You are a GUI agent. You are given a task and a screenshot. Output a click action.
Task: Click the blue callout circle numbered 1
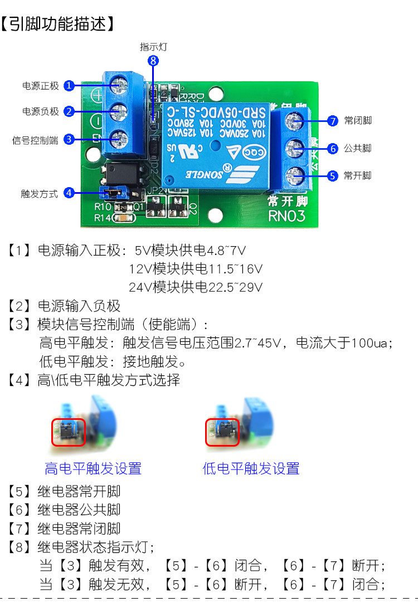click(x=69, y=86)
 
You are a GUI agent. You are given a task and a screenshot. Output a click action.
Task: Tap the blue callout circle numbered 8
click(x=153, y=61)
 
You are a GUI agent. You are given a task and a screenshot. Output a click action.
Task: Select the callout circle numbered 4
click(x=69, y=193)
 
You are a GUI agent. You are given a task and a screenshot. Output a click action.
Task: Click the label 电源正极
click(x=40, y=86)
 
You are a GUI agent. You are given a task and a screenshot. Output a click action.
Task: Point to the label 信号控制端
click(x=35, y=140)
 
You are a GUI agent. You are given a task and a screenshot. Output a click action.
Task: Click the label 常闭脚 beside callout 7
click(x=358, y=121)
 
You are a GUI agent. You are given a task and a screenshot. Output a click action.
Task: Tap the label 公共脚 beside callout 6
click(x=358, y=148)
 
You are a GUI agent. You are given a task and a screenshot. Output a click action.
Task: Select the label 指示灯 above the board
click(x=153, y=47)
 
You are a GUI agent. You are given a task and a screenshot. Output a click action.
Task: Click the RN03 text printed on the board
click(x=287, y=216)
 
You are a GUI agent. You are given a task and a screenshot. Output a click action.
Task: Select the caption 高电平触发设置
click(x=93, y=468)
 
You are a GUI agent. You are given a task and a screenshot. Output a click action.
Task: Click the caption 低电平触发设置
click(x=251, y=468)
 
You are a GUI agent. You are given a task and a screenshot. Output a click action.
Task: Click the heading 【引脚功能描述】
click(x=58, y=24)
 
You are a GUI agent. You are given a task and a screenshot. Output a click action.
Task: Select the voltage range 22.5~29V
click(x=229, y=287)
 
